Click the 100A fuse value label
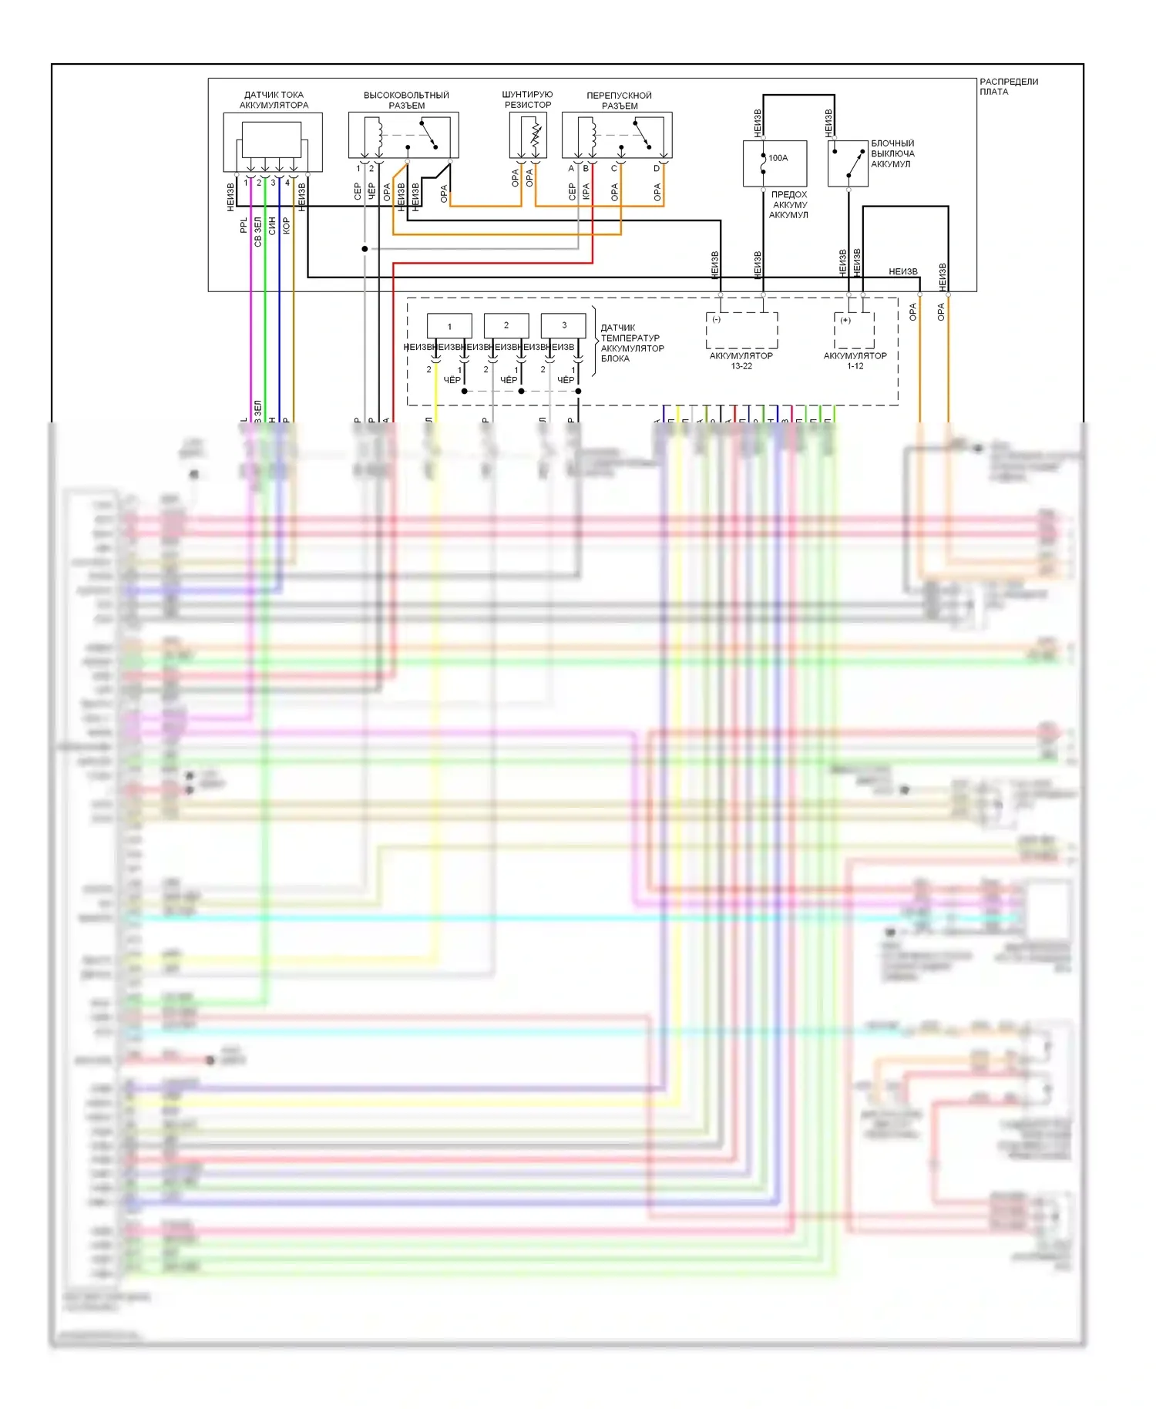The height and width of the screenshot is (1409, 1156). coord(778,158)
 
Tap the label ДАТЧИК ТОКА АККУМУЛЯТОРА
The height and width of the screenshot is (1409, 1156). coord(274,100)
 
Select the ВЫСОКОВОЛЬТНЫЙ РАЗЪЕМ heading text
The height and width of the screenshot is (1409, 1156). coord(406,100)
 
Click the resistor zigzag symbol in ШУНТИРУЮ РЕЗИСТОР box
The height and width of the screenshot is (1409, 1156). coord(535,136)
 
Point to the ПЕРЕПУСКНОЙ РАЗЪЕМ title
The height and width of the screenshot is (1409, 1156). coord(619,100)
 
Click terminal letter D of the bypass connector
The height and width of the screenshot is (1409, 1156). coord(657,169)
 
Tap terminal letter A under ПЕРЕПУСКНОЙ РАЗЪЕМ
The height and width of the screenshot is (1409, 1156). coord(571,169)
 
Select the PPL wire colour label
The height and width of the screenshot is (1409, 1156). coord(244,225)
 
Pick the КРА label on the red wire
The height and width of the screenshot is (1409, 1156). coord(586,192)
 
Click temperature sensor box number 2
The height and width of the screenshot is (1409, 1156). coord(506,325)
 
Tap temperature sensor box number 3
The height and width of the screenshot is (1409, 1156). coord(564,325)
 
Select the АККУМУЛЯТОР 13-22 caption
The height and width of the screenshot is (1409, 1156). coord(741,361)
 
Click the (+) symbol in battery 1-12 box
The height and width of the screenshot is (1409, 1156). coord(845,320)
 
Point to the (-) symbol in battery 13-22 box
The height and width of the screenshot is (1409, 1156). coord(716,320)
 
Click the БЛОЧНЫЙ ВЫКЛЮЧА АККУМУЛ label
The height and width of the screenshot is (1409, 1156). coord(892,153)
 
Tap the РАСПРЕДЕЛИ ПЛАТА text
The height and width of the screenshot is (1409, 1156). coord(1008,86)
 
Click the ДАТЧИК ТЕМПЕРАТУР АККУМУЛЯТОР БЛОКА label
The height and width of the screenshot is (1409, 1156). coord(631,343)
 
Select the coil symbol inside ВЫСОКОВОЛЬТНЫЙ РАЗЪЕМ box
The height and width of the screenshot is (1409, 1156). coord(378,135)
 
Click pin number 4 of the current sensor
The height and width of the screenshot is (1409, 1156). coord(287,183)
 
